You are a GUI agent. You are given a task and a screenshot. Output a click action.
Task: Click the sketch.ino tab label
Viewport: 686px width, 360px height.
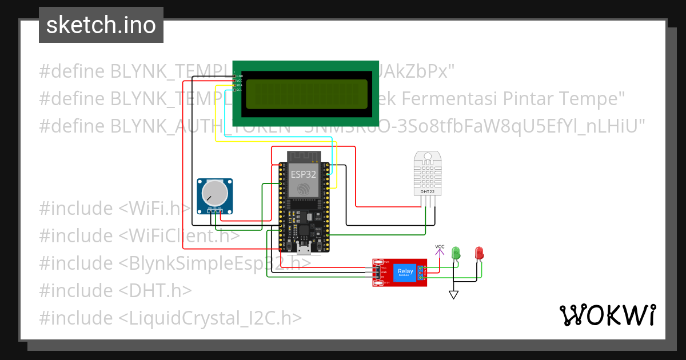(101, 25)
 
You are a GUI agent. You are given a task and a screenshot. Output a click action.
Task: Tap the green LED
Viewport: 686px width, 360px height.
(456, 253)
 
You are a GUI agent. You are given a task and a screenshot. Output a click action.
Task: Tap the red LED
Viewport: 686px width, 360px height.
(479, 253)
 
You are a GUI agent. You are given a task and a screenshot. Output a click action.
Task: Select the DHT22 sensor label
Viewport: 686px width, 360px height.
(427, 191)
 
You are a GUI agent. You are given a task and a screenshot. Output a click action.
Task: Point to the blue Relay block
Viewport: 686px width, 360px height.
(405, 272)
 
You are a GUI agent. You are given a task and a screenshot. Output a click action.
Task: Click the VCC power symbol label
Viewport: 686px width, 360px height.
(439, 247)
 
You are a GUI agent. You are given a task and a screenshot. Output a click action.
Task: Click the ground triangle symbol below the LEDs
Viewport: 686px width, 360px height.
(453, 295)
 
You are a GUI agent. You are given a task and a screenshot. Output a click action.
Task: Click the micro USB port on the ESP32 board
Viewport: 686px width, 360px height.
(304, 248)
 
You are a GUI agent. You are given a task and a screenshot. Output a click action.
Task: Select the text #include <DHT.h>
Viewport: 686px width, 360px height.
(115, 290)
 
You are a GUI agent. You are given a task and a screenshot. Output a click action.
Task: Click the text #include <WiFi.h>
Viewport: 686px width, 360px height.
(114, 208)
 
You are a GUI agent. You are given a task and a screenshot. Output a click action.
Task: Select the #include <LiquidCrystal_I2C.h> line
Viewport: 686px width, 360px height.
(170, 318)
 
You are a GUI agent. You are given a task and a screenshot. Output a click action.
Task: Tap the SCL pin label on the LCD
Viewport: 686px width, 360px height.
(239, 90)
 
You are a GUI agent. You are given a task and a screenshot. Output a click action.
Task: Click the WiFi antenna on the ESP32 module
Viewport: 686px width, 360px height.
(304, 155)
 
